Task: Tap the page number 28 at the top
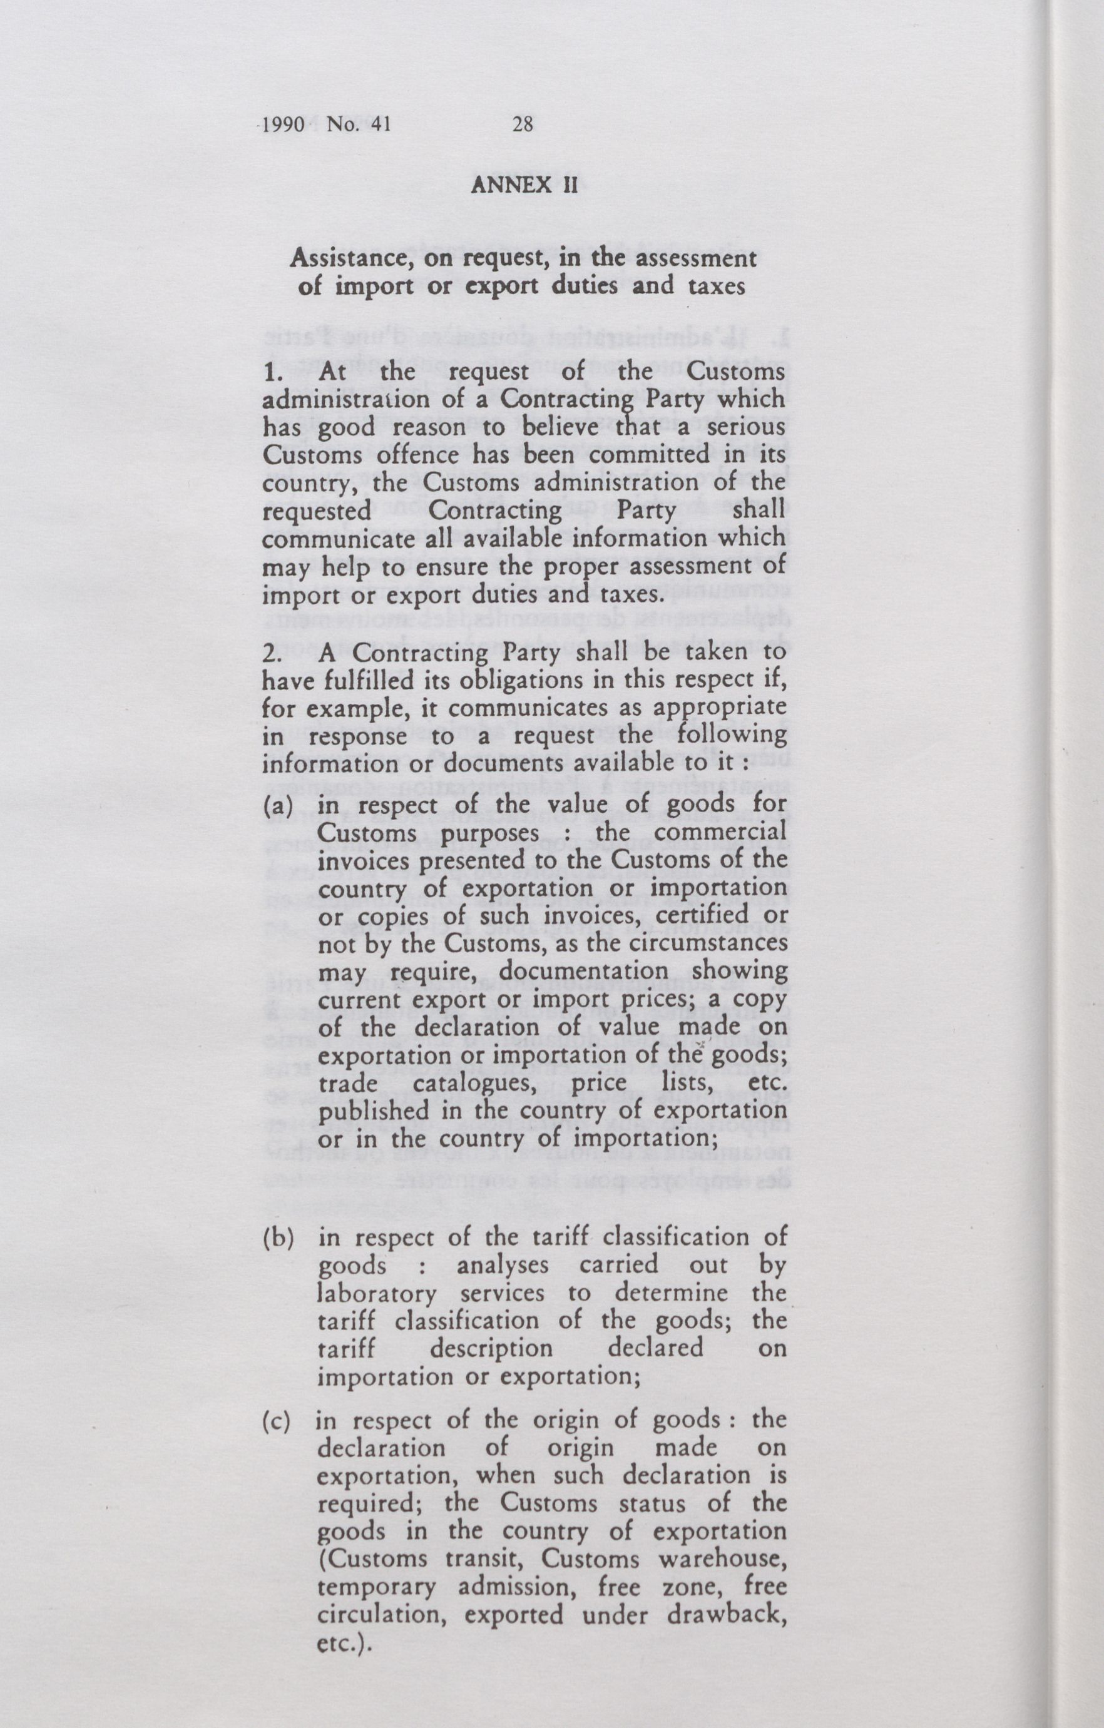tap(523, 125)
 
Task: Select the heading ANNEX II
tap(524, 186)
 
